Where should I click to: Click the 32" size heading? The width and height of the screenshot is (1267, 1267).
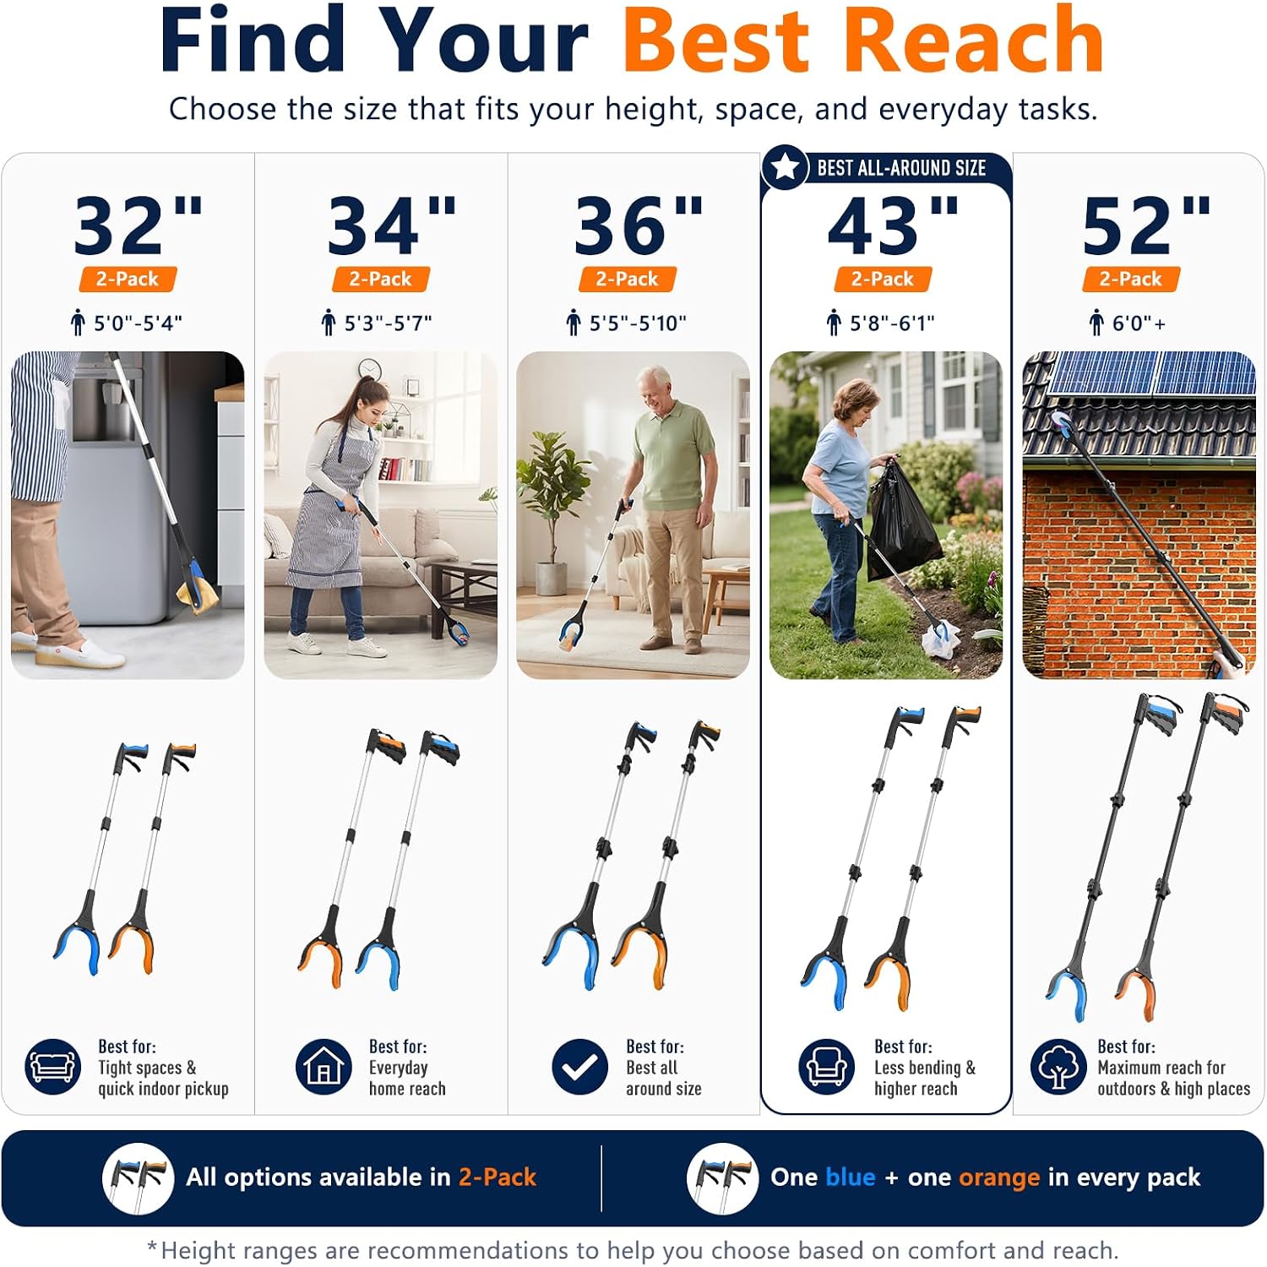click(x=139, y=225)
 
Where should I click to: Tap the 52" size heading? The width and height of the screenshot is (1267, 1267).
click(x=1146, y=225)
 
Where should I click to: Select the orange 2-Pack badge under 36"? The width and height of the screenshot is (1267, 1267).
click(x=627, y=279)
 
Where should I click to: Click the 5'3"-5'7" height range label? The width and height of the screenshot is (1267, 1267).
click(x=388, y=323)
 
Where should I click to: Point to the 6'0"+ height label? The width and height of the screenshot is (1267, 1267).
click(x=1139, y=323)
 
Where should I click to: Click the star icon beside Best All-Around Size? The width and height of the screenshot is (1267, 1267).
click(x=786, y=167)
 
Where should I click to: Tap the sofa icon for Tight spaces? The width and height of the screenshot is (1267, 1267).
click(x=52, y=1066)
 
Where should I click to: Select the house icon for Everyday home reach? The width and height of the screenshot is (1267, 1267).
click(x=324, y=1066)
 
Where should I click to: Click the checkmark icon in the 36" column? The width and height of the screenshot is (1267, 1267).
click(x=579, y=1066)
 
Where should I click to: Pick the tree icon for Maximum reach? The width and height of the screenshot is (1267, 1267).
click(x=1058, y=1066)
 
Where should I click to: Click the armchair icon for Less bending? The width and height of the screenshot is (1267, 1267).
click(x=826, y=1066)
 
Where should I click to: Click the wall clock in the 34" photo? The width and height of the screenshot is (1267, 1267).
click(x=369, y=369)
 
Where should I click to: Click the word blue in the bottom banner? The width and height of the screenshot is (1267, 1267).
click(x=851, y=1177)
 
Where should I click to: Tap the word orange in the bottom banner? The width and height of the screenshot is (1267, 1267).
click(x=999, y=1178)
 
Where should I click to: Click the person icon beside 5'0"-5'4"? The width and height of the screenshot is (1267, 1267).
click(x=78, y=323)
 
